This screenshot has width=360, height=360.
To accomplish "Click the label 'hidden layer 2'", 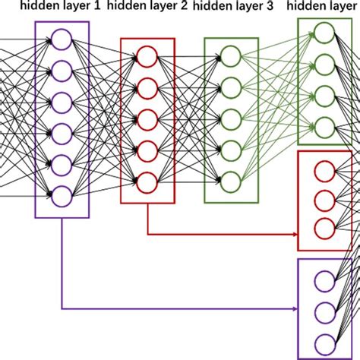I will [x=148, y=8].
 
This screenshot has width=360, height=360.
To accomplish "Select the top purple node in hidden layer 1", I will [x=62, y=39].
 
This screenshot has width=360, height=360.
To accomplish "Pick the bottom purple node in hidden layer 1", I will [x=62, y=194].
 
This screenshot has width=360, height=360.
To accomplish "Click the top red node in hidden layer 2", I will [x=147, y=56].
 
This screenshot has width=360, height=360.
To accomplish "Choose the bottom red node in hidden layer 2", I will [x=147, y=182].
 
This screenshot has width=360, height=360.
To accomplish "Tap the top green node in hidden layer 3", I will [x=231, y=56].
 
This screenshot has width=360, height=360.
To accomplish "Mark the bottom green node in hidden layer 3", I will [x=231, y=182].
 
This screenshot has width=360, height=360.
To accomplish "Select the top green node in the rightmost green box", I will [x=324, y=32].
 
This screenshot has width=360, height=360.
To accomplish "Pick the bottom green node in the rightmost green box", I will [x=324, y=125].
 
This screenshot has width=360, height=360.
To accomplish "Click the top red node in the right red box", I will [x=324, y=171].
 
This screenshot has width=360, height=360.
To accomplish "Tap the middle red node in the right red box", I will [x=324, y=200].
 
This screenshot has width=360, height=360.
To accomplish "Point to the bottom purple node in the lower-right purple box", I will [x=324, y=340].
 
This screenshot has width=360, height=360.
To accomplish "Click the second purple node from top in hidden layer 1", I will [x=62, y=71].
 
